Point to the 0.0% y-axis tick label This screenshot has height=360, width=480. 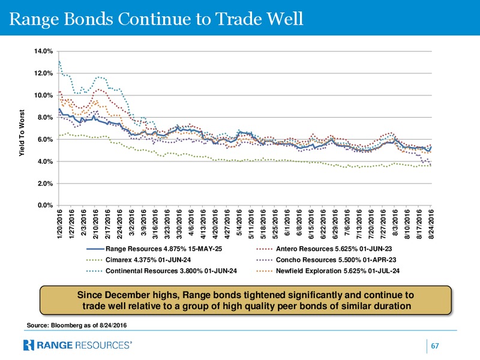[46, 205]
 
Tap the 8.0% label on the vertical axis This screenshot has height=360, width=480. [46, 118]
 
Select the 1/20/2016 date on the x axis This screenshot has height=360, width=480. [59, 224]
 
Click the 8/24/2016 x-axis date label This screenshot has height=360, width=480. [431, 224]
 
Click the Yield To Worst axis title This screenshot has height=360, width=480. [22, 133]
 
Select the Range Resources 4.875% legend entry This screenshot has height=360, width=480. [154, 249]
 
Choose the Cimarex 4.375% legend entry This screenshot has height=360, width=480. [139, 260]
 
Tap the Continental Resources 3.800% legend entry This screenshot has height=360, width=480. [161, 271]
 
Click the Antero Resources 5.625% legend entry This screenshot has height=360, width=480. [324, 249]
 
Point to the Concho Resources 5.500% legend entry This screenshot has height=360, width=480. [326, 260]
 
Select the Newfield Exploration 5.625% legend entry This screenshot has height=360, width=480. [328, 271]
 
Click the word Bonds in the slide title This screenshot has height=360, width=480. [88, 19]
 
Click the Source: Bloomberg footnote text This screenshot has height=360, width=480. [77, 325]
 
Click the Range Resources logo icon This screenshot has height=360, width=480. [28, 345]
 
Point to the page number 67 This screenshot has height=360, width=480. [434, 346]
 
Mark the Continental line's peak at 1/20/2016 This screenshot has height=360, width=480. [59, 61]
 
